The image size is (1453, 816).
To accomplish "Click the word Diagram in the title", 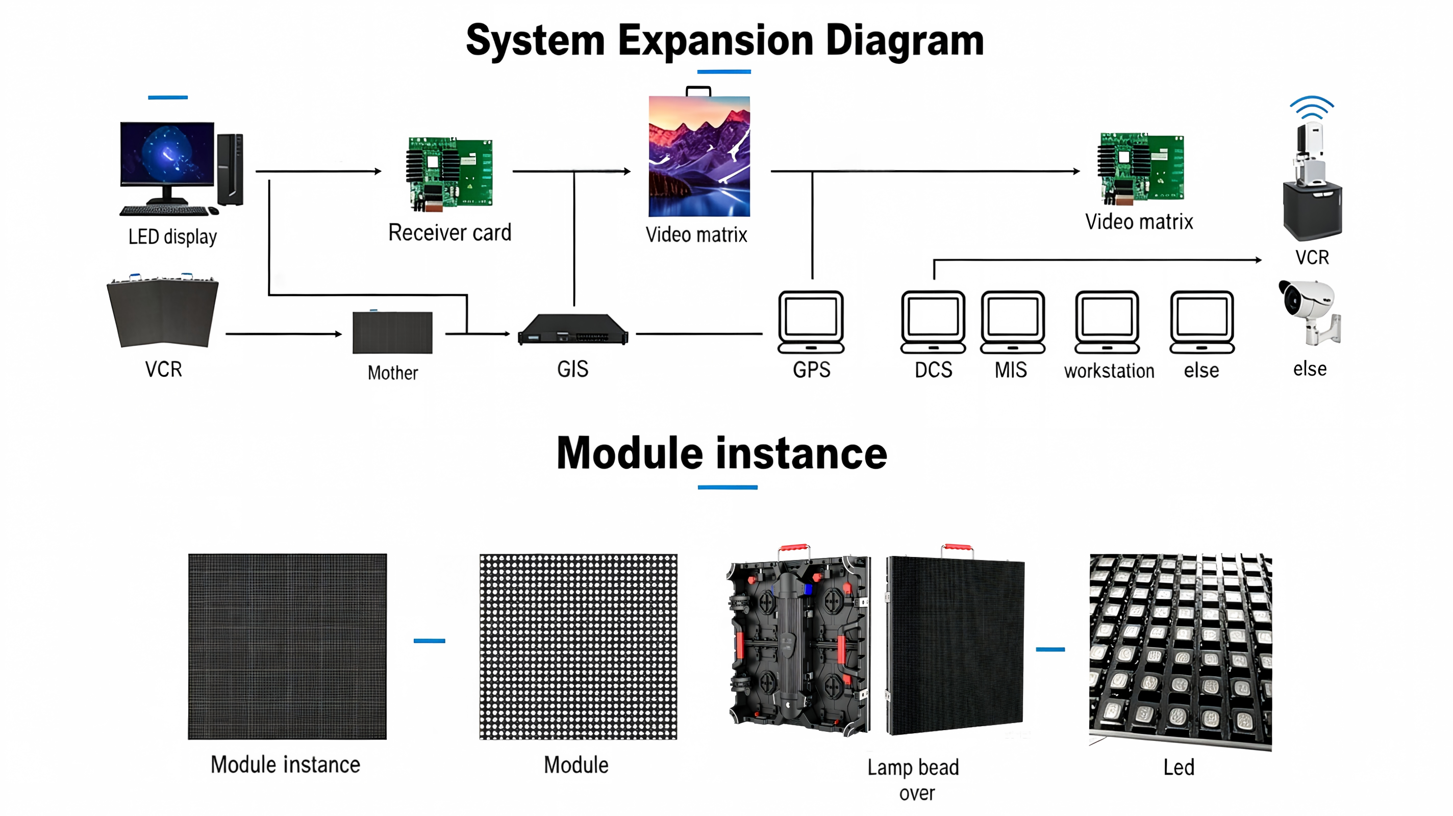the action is (x=905, y=41).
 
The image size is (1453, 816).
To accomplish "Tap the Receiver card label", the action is (x=449, y=233).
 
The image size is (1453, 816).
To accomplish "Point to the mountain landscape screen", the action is (x=699, y=156).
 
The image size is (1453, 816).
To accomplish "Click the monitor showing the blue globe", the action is (x=167, y=162).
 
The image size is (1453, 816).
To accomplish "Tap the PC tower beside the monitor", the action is (x=230, y=169).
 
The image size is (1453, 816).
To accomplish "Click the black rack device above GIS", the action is (x=572, y=329).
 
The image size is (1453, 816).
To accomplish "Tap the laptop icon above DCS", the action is (x=933, y=322).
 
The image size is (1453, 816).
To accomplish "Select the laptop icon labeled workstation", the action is (x=1107, y=322).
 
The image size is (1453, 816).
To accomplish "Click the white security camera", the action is (x=1310, y=312).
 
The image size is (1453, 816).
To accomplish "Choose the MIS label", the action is (x=1010, y=370).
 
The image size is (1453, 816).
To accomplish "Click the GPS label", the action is (x=811, y=370).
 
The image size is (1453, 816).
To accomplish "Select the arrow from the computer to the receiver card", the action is (x=319, y=171).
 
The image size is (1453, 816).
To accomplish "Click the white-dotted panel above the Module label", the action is (x=578, y=646).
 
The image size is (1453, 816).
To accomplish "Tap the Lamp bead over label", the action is (x=914, y=780).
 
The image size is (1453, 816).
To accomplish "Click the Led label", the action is (x=1179, y=767).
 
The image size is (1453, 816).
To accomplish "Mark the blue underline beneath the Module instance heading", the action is (x=728, y=487).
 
